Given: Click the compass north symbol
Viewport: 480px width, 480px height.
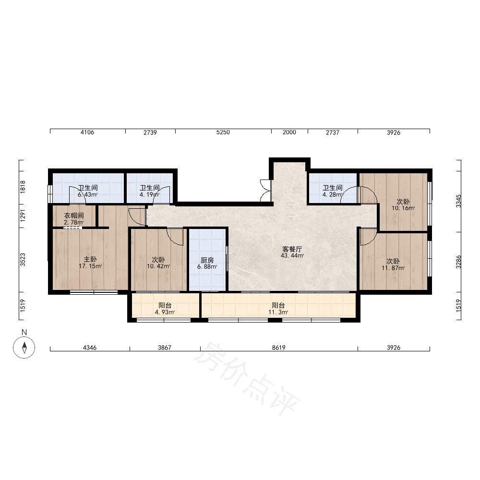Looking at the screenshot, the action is click(24, 348).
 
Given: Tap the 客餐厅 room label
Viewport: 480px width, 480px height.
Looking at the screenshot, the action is click(292, 249).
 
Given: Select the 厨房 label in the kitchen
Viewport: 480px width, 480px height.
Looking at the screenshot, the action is click(207, 260).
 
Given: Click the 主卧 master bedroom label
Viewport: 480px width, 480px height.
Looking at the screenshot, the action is click(90, 260).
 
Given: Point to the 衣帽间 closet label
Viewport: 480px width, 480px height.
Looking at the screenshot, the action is click(74, 216).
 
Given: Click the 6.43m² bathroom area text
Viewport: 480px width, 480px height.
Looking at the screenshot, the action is click(87, 195).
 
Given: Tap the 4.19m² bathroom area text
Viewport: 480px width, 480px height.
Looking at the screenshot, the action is click(149, 195).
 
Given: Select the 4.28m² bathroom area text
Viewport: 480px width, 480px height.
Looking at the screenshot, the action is click(333, 195).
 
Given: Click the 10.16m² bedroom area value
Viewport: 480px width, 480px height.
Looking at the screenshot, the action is click(403, 208).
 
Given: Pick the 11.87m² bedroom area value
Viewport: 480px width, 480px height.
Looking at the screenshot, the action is click(393, 268).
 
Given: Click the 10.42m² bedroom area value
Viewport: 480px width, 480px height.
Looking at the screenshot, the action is click(158, 266).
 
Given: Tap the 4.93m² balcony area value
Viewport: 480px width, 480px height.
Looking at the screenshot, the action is click(165, 312).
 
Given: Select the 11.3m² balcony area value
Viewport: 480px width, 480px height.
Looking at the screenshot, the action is click(278, 312).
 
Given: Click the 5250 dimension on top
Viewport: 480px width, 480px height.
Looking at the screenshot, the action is click(223, 132).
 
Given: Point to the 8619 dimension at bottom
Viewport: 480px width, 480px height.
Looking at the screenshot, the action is click(278, 348).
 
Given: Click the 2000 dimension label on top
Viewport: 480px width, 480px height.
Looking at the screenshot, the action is click(289, 132).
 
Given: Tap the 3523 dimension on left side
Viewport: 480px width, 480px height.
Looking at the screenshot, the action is click(23, 260).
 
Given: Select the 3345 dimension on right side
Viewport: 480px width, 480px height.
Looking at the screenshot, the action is click(458, 201).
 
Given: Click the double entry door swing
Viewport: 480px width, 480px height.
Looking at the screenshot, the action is click(266, 191).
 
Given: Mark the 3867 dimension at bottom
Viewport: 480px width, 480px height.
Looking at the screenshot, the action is click(165, 348).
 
